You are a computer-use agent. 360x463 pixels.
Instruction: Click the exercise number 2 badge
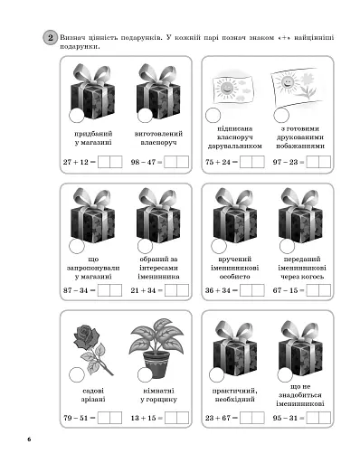pyautogui.click(x=50, y=38)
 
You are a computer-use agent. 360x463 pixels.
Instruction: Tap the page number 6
pyautogui.click(x=29, y=439)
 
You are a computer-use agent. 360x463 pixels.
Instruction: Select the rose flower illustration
pyautogui.click(x=90, y=349)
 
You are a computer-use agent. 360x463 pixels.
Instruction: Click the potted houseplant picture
pyautogui.click(x=156, y=347)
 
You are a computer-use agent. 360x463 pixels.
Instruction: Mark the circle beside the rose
pyautogui.click(x=77, y=375)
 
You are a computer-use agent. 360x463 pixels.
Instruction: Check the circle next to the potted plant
pyautogui.click(x=145, y=375)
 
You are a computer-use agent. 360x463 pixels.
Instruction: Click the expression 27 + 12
pyautogui.click(x=76, y=162)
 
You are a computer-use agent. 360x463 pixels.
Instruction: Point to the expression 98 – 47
pyautogui.click(x=143, y=162)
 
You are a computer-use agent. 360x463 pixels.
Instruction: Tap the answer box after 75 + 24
pyautogui.click(x=252, y=162)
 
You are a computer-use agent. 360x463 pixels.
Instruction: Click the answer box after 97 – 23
pyautogui.click(x=318, y=162)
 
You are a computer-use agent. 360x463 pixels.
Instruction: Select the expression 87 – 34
pyautogui.click(x=75, y=290)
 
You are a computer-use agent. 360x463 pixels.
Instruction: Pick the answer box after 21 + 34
pyautogui.click(x=176, y=290)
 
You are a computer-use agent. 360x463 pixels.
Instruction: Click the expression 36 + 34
pyautogui.click(x=218, y=290)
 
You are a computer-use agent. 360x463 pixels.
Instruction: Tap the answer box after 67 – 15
pyautogui.click(x=318, y=290)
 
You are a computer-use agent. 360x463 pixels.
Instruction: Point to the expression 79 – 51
pyautogui.click(x=76, y=418)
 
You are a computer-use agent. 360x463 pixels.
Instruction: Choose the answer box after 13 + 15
pyautogui.click(x=176, y=418)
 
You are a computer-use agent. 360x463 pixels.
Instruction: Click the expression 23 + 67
pyautogui.click(x=218, y=418)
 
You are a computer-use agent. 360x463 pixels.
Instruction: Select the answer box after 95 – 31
pyautogui.click(x=318, y=418)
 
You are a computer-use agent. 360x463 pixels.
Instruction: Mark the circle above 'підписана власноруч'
pyautogui.click(x=213, y=115)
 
